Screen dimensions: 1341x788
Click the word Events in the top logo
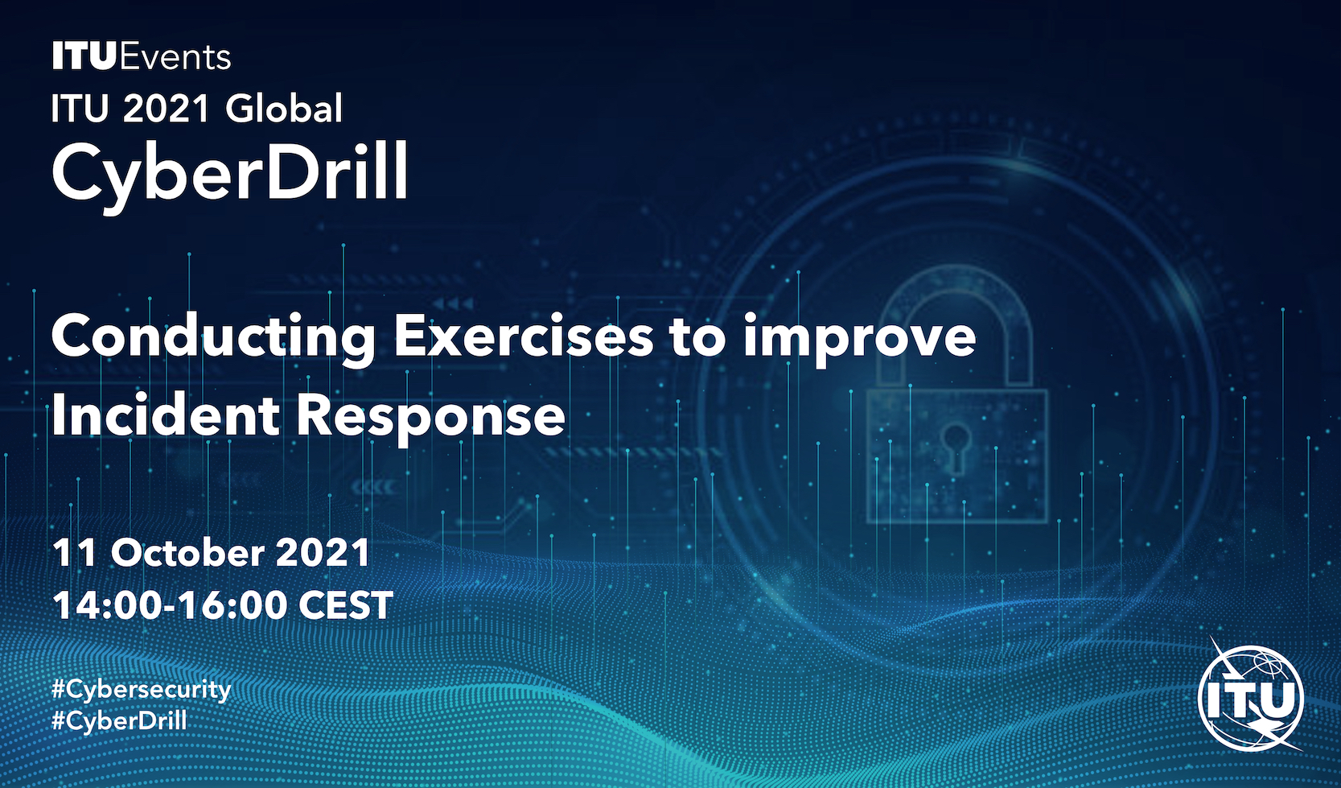175,56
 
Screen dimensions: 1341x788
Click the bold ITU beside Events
84,56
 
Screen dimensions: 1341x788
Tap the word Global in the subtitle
283,109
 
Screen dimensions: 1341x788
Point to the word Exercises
523,336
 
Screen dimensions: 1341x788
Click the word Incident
165,415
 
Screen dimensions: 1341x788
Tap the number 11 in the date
75,553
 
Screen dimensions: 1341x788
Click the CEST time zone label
346,604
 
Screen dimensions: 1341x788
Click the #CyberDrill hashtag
119,720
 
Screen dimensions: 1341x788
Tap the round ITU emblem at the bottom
1251,698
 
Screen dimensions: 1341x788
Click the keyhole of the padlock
955,446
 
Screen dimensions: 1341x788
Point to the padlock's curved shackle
956,282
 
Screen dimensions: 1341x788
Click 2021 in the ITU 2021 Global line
167,109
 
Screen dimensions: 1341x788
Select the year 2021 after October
323,553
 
